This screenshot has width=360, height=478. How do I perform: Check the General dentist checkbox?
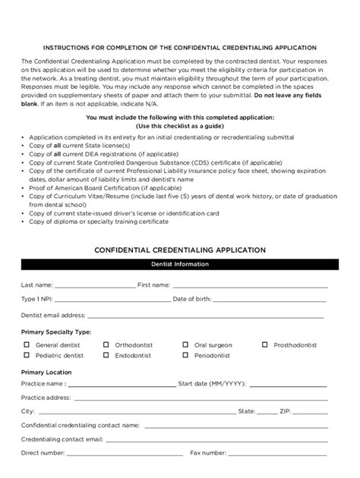(x=26, y=344)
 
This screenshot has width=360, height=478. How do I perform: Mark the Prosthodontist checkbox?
(x=265, y=344)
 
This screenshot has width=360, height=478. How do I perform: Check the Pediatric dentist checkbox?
(x=26, y=355)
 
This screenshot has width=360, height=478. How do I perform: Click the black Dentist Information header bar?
(x=179, y=265)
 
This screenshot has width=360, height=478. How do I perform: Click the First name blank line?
(x=249, y=288)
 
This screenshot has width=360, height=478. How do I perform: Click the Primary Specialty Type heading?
(x=56, y=332)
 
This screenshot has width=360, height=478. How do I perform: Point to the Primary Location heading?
(x=46, y=372)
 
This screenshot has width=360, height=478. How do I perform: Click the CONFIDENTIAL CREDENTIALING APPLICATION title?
(x=179, y=248)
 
